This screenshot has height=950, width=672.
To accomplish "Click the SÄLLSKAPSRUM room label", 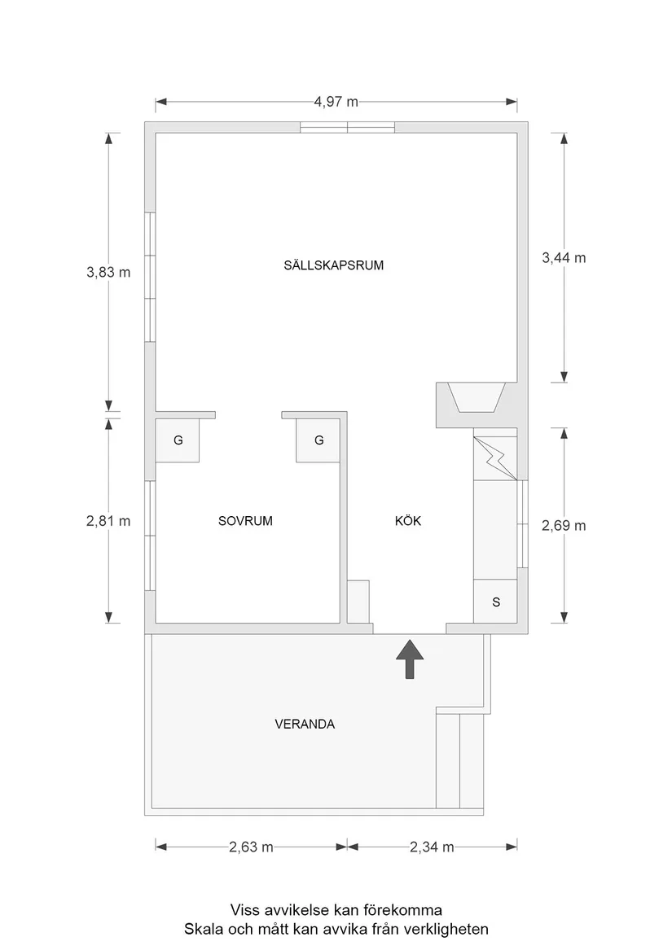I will click(x=334, y=265).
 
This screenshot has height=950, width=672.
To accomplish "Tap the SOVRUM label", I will click(x=245, y=521).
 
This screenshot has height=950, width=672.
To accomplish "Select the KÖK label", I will click(x=408, y=521).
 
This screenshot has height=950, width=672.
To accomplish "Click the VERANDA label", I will click(x=305, y=723).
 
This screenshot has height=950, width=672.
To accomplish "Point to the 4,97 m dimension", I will click(x=336, y=102).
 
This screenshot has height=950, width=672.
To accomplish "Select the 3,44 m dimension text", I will click(x=564, y=257).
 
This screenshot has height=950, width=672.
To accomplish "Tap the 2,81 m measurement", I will click(x=108, y=521).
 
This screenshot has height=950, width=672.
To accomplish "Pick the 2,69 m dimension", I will click(x=564, y=525).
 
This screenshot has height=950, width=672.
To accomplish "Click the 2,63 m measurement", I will click(x=251, y=847).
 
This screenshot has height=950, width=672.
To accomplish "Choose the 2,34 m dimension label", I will click(x=432, y=847).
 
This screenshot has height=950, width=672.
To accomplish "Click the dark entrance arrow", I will click(x=410, y=658).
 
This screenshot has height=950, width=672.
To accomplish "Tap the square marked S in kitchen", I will click(x=496, y=602).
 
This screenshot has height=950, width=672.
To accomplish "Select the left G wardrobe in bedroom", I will click(x=178, y=440).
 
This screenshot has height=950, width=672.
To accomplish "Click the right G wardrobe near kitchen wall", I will click(x=318, y=440).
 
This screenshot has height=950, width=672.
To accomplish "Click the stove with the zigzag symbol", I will click(x=495, y=457).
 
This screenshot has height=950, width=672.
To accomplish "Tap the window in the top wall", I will click(x=347, y=126).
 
